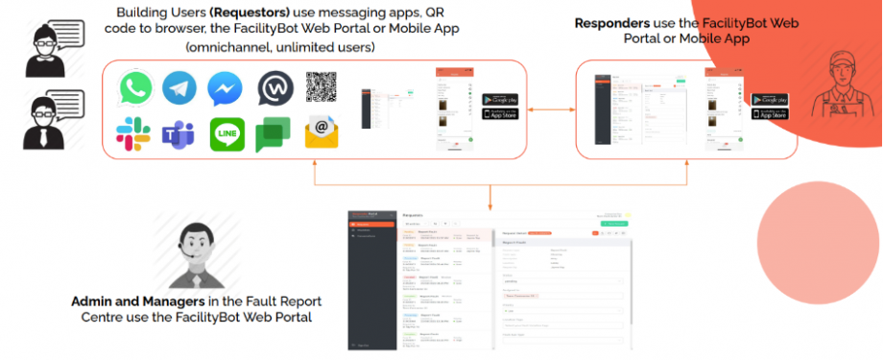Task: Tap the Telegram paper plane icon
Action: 179,88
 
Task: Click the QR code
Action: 323,86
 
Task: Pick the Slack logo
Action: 133,133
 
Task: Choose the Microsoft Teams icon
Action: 179,134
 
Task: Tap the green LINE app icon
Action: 227,134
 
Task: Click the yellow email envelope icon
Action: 322,133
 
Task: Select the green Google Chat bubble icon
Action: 274,134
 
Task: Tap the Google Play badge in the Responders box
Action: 769,100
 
